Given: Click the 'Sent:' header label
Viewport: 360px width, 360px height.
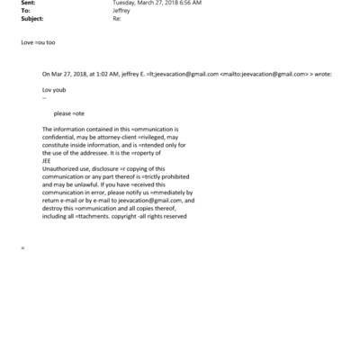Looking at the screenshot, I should click(x=27, y=4).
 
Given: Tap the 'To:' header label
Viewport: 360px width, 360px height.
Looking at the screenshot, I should click(x=25, y=12).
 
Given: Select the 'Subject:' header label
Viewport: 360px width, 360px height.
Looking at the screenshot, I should click(x=30, y=19).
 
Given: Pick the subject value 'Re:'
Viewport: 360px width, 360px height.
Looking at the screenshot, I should click(x=117, y=19).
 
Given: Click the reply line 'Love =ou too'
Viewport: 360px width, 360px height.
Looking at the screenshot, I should click(x=38, y=41).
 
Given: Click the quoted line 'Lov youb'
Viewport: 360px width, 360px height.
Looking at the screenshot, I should click(x=55, y=91).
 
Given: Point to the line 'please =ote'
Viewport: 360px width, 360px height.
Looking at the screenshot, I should click(x=70, y=114).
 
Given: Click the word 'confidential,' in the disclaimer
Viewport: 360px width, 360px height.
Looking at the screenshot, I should click(x=61, y=138).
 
